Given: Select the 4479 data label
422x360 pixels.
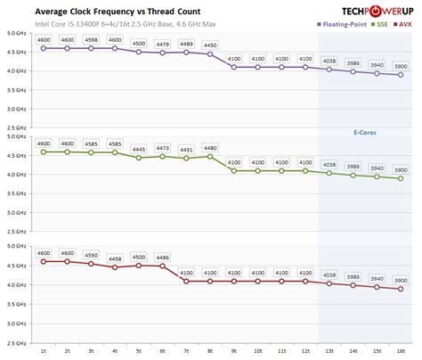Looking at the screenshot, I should (x=162, y=44).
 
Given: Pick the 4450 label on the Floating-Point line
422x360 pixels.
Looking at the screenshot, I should (x=209, y=45).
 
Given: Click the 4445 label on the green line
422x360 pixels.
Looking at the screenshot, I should (x=138, y=149).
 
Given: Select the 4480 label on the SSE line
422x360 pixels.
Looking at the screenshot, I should (x=209, y=148).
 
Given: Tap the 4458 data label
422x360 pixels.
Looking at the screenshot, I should (x=115, y=258).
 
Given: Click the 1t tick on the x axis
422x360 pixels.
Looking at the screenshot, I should (x=44, y=352).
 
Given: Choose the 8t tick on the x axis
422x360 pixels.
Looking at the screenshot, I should (x=209, y=352).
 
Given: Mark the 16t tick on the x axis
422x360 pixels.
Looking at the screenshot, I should (x=399, y=352).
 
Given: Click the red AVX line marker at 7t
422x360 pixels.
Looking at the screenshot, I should (x=186, y=282).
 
